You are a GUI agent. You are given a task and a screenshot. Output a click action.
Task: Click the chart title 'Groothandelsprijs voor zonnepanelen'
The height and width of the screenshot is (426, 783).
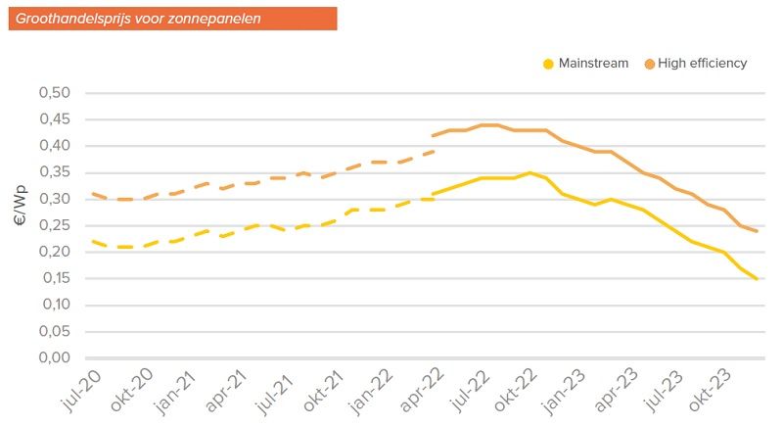pyautogui.click(x=138, y=18)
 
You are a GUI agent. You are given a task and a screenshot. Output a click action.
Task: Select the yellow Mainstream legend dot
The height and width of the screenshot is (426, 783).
pyautogui.click(x=548, y=64)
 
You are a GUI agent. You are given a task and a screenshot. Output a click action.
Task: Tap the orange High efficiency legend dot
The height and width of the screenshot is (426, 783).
pyautogui.click(x=649, y=64)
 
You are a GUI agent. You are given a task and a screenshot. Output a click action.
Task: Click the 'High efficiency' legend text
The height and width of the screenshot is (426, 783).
pyautogui.click(x=703, y=64)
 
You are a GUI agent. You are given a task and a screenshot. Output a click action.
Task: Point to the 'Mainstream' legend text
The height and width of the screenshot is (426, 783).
pyautogui.click(x=593, y=64)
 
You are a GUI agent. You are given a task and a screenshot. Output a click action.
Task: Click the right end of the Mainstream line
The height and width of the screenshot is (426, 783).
pyautogui.click(x=757, y=278)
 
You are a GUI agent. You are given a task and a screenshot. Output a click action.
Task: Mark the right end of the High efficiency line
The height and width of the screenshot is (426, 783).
pyautogui.click(x=757, y=231)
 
